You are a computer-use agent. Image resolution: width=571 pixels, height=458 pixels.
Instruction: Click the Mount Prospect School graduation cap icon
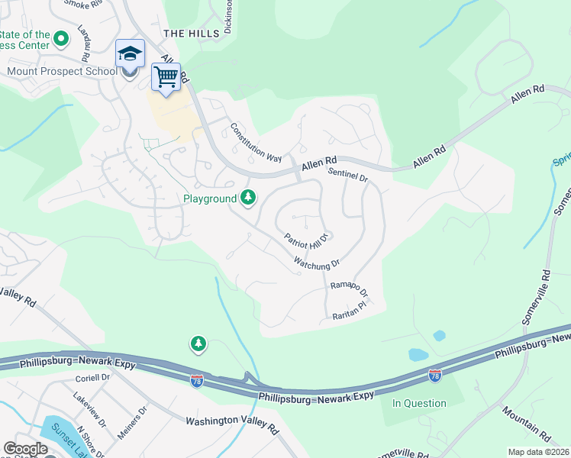point(130,54)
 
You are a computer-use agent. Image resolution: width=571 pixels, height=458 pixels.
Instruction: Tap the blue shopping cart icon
point(166,76)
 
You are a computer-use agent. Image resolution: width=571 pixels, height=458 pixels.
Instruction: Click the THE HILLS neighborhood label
point(192,33)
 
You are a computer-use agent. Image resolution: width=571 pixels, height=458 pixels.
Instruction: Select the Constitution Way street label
point(256,143)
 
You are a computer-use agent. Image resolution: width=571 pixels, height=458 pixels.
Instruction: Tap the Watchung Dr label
point(316,263)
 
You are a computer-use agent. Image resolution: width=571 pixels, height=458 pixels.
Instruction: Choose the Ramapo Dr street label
point(349,289)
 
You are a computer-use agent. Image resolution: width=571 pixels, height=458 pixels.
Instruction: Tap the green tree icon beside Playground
point(248,198)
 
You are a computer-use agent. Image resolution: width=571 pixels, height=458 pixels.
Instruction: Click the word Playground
point(210,198)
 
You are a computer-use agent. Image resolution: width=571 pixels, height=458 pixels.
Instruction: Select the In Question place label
point(419,403)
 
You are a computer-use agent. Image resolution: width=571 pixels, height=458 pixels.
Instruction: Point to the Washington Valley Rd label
point(232,426)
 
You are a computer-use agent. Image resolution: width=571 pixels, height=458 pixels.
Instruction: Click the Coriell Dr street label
point(92,378)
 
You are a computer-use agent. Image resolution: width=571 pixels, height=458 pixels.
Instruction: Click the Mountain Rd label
point(526,424)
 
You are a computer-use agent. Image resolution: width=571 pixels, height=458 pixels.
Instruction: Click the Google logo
point(25,449)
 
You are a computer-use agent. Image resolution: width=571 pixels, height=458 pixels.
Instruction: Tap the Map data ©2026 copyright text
point(538,452)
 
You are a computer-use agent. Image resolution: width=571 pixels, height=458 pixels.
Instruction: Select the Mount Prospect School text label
point(61,72)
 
